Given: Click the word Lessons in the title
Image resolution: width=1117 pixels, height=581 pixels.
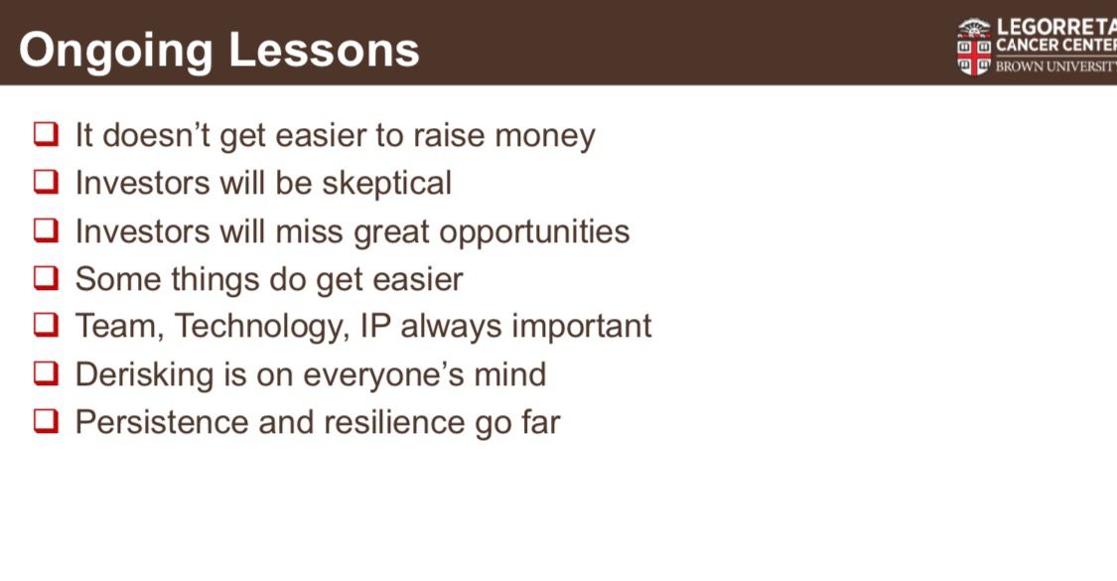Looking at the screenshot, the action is tap(324, 50).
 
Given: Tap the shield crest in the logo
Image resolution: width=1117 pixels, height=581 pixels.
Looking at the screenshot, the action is tap(974, 47).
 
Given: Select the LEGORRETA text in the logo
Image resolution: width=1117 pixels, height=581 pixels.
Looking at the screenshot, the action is tap(1056, 27).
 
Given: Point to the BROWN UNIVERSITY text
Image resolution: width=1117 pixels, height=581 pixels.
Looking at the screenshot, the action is tap(1056, 67).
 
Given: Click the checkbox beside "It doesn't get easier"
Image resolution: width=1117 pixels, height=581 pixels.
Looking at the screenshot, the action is tap(46, 133).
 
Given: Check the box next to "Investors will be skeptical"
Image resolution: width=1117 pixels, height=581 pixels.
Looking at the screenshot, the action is tap(46, 181).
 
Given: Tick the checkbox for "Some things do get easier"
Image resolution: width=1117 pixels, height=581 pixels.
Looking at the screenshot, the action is tap(46, 277).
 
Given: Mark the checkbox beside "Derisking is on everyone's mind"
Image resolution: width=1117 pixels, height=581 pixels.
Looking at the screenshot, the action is tap(46, 372).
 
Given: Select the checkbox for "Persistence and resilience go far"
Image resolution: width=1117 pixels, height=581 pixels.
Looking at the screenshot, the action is tap(46, 420).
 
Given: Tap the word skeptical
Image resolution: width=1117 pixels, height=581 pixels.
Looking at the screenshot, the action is tap(387, 183).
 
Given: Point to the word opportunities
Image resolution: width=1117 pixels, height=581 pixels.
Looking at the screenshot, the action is tap(534, 232).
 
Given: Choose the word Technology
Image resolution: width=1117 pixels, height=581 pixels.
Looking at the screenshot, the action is tap(262, 327).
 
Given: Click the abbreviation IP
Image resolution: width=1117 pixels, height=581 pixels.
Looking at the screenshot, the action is tap(376, 326).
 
